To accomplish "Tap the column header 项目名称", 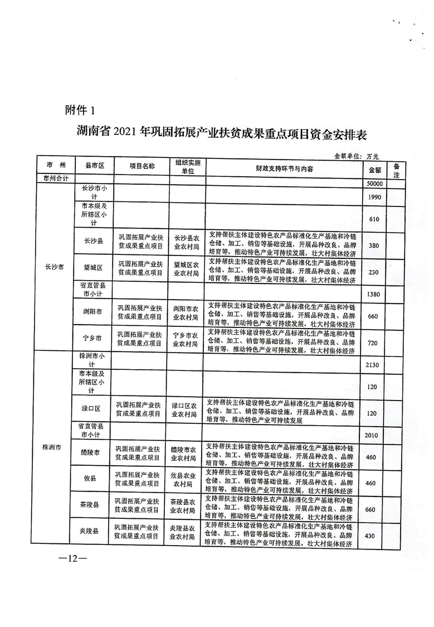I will click(142, 166).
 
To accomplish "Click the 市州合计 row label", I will click(55, 179).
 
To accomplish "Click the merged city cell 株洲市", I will click(55, 447).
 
